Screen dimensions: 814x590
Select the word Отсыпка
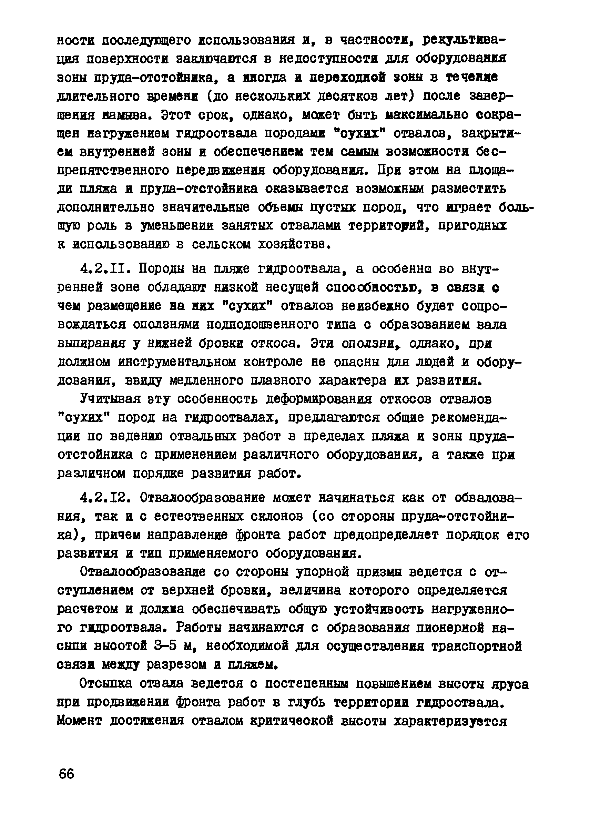pyautogui.click(x=105, y=684)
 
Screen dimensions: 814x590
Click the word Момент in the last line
pyautogui.click(x=79, y=721)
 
